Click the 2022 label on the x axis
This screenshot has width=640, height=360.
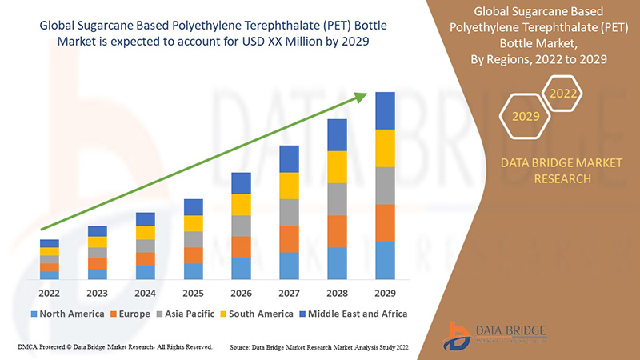click(49, 292)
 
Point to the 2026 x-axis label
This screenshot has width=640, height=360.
click(241, 292)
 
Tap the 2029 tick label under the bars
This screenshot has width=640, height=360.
click(385, 292)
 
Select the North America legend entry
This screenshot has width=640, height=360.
click(67, 314)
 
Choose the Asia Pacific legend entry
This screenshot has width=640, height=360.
click(186, 314)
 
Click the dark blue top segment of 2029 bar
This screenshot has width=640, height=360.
click(385, 110)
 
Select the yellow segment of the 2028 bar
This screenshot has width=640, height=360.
click(337, 166)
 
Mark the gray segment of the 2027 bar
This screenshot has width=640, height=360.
click(289, 212)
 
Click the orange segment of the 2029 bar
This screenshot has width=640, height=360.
click(385, 223)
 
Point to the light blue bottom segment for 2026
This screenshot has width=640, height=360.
click(241, 268)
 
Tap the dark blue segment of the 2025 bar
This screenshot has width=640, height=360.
click(193, 207)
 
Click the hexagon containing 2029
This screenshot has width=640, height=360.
click(526, 116)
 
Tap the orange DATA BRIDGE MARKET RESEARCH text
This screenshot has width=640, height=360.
click(560, 170)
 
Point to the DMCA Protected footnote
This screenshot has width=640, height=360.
click(114, 347)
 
